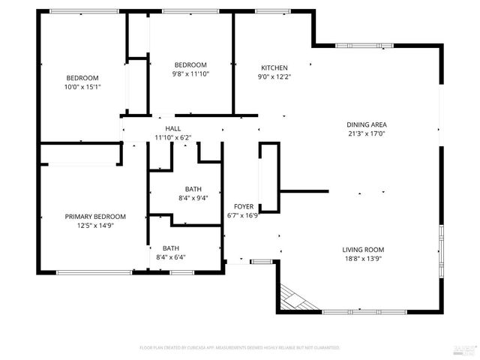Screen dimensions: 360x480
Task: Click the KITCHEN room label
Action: [274, 67]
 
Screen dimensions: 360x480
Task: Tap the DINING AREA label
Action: [366, 124]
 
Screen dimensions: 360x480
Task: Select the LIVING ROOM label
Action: [363, 250]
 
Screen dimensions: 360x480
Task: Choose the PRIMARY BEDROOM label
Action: [95, 217]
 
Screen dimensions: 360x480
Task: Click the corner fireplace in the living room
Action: [292, 298]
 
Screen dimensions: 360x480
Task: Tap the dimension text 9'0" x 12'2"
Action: [274, 76]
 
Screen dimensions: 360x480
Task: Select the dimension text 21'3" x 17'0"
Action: [366, 133]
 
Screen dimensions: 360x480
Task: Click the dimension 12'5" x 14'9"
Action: [95, 226]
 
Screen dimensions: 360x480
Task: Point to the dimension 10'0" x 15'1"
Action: [82, 86]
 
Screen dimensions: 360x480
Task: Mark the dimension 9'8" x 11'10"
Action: [190, 73]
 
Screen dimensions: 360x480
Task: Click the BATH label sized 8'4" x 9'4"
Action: [193, 189]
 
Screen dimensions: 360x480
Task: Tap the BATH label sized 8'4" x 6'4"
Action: [171, 248]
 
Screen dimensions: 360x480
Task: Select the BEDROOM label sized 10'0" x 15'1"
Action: [82, 78]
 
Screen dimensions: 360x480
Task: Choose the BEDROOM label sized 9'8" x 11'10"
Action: [190, 65]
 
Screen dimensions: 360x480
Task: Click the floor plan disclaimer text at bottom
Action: [240, 348]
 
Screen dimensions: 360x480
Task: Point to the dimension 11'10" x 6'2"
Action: [173, 137]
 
